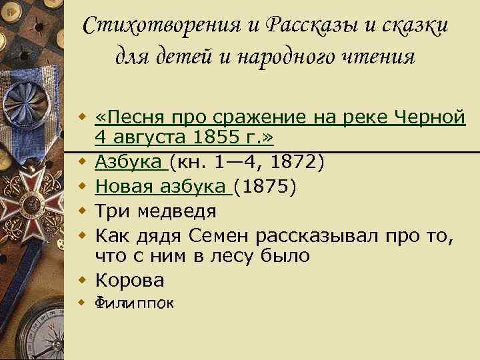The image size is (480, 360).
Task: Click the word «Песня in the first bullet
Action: coord(131,118)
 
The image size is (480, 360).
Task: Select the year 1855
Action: coord(207,139)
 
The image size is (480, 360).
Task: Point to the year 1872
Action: coord(298,161)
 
